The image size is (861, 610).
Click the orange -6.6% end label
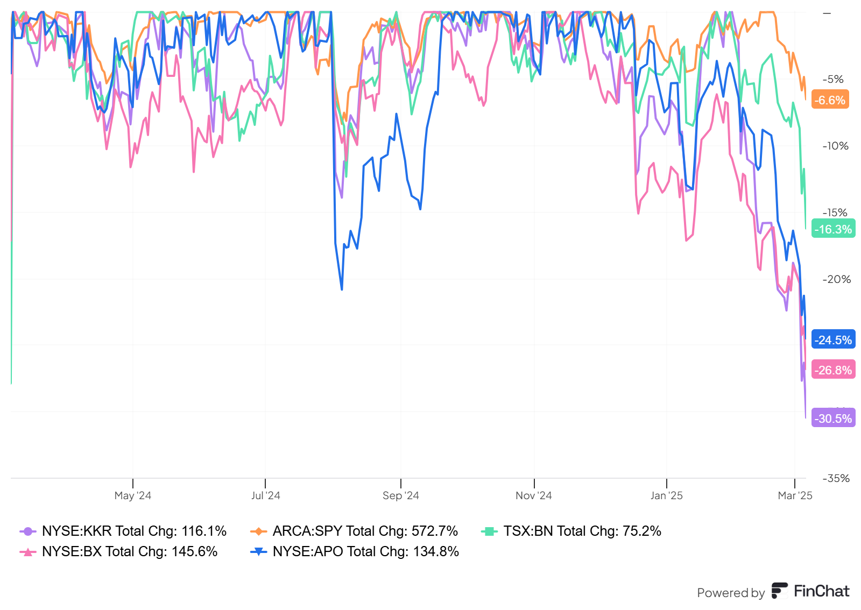(x=830, y=100)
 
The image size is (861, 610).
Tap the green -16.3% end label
(x=833, y=229)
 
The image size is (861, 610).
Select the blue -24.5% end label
(x=833, y=340)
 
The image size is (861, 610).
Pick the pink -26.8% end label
(x=833, y=370)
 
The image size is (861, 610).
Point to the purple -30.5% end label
(x=833, y=419)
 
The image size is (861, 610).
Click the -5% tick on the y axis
(x=833, y=79)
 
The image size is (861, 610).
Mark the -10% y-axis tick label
(x=835, y=146)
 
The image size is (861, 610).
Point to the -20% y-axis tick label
(x=836, y=279)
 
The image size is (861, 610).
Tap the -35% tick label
(x=836, y=478)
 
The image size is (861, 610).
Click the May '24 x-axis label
(x=133, y=495)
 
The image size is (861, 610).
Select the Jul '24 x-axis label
(x=265, y=495)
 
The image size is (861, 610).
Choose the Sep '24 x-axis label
(x=401, y=495)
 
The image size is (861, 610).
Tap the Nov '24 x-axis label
(x=534, y=495)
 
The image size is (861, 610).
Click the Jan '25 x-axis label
(x=666, y=495)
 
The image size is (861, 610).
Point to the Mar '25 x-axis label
(x=795, y=495)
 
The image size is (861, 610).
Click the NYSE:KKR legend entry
(x=123, y=531)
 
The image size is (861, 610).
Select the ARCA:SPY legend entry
(x=354, y=531)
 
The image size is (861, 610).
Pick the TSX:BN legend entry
(x=571, y=531)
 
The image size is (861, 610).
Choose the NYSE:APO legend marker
(x=259, y=551)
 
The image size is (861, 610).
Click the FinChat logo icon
(x=780, y=591)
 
